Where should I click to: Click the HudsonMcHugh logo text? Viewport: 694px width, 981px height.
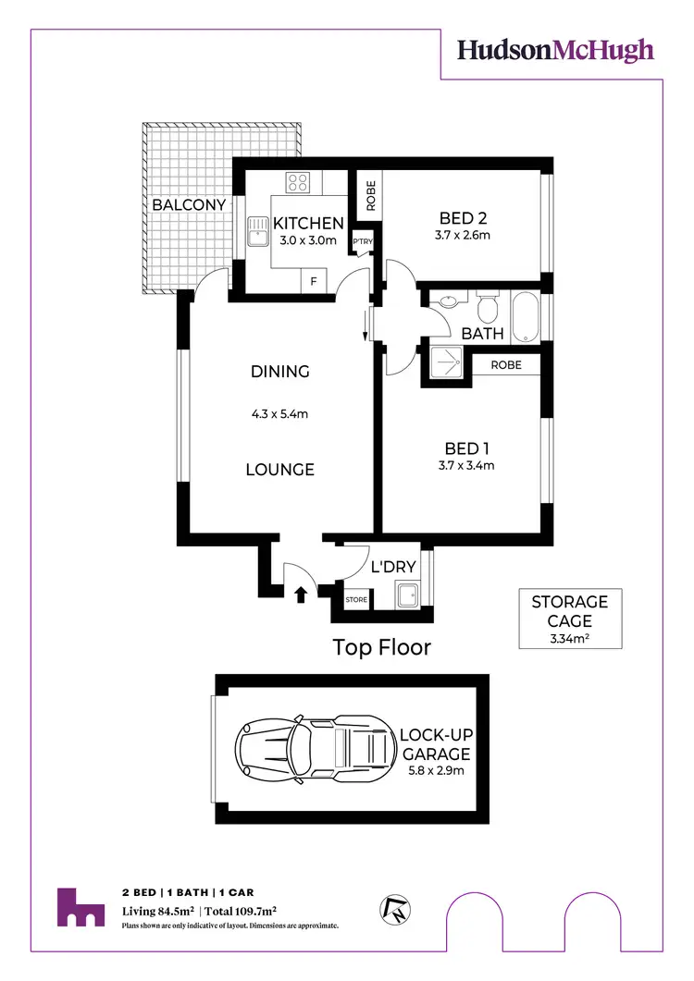pyautogui.click(x=555, y=50)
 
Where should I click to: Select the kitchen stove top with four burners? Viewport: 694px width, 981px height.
pyautogui.click(x=298, y=182)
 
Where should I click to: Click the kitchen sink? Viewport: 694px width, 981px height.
pyautogui.click(x=255, y=237)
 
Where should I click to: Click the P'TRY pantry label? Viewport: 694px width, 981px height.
pyautogui.click(x=361, y=243)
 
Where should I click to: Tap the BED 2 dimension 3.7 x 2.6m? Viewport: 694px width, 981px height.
pyautogui.click(x=463, y=235)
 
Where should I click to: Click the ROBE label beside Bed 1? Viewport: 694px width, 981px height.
pyautogui.click(x=506, y=365)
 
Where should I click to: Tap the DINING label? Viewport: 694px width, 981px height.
pyautogui.click(x=279, y=372)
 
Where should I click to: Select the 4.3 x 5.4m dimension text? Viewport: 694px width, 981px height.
pyautogui.click(x=279, y=413)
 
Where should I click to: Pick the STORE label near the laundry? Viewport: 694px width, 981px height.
pyautogui.click(x=356, y=600)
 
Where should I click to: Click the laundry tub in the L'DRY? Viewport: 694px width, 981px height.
pyautogui.click(x=408, y=595)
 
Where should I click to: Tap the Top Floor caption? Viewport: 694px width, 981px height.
pyautogui.click(x=382, y=647)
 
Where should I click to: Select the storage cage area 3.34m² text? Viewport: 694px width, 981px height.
pyautogui.click(x=569, y=638)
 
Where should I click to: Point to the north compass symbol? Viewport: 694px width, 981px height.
pyautogui.click(x=392, y=910)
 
